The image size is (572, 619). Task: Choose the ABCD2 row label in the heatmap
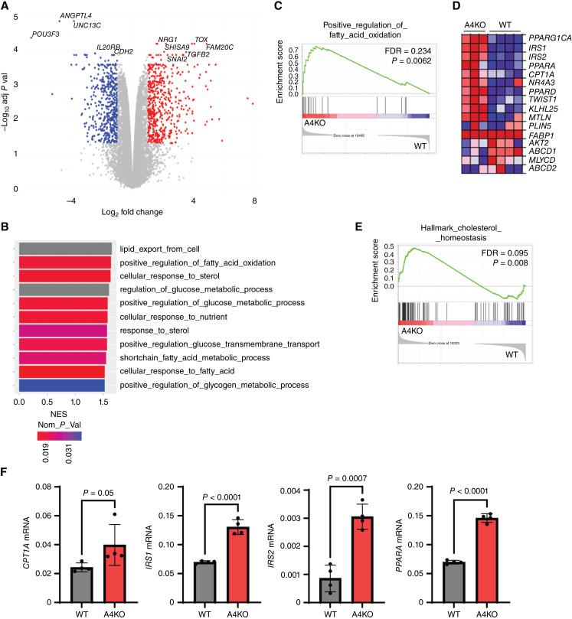tap(540, 190)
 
